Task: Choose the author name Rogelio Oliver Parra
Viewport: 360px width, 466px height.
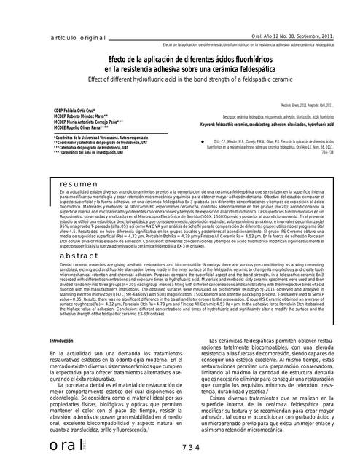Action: pos(59,129)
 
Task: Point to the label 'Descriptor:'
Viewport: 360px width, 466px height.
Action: pos(234,116)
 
